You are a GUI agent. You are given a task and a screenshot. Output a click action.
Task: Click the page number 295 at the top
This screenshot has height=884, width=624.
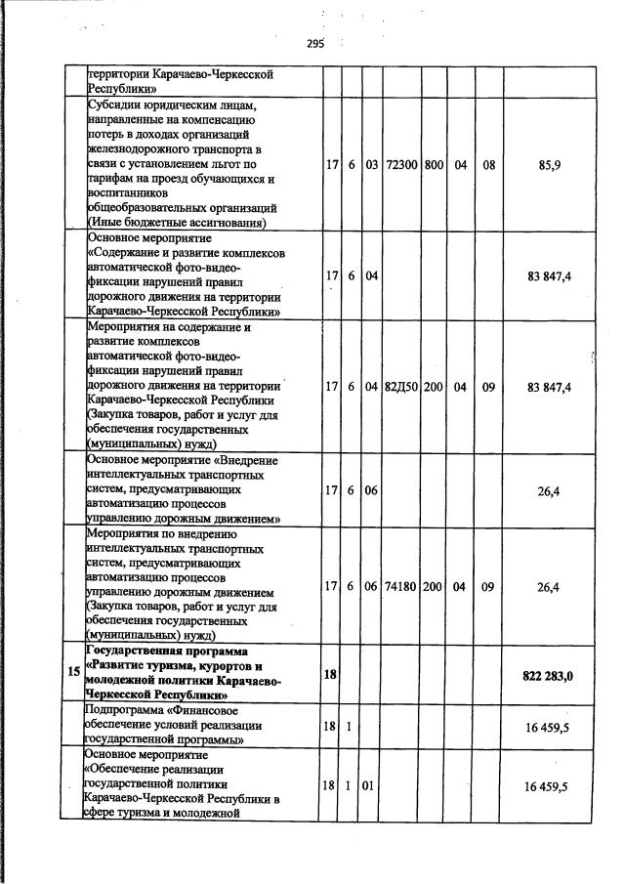[314, 43]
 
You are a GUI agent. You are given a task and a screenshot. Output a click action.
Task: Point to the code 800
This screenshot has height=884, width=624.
[434, 166]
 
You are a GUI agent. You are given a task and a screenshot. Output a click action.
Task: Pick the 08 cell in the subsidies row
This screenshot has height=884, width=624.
[488, 166]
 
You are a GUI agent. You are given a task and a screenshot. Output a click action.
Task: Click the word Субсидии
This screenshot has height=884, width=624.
[116, 105]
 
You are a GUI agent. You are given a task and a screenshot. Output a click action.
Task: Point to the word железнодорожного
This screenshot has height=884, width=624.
[138, 149]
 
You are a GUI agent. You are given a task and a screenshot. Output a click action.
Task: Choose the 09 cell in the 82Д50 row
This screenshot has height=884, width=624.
[488, 387]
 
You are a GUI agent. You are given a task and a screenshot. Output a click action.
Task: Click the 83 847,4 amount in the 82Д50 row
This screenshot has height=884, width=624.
[548, 387]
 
